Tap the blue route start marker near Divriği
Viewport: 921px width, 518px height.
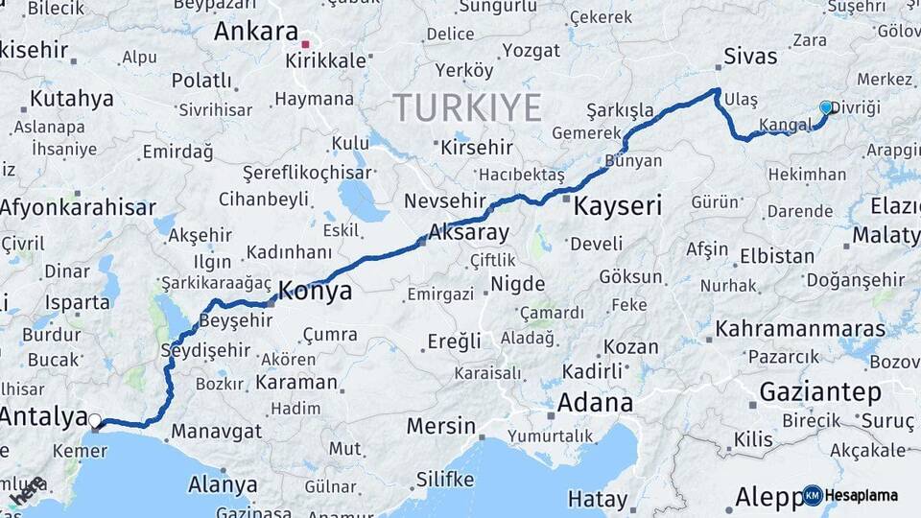pos(826,107)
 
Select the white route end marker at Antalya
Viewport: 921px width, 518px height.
pos(94,419)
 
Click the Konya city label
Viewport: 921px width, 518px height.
pos(315,291)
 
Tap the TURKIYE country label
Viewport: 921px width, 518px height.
pos(466,106)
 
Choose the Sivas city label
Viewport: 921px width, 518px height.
pos(750,56)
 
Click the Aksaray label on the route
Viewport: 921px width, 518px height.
pos(468,231)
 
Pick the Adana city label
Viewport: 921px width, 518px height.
pos(595,402)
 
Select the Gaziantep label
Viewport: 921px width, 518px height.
pos(820,391)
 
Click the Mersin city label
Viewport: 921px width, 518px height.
pos(440,425)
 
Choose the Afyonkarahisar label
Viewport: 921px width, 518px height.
pos(78,207)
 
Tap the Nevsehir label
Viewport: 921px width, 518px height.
pos(439,200)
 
